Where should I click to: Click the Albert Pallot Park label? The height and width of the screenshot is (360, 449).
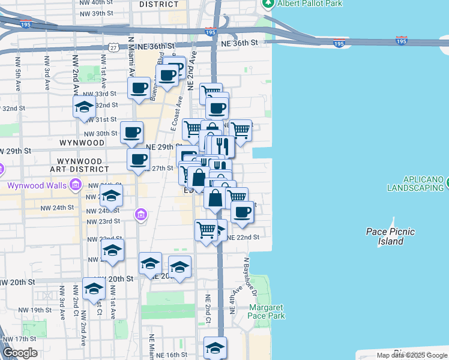point(310,4)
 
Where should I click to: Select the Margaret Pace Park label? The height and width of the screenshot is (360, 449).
point(266,311)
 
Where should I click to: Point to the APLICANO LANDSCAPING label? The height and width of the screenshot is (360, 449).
point(415,184)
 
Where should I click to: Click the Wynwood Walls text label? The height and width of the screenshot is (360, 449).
point(35,185)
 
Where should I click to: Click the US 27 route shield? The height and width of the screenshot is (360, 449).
point(113,47)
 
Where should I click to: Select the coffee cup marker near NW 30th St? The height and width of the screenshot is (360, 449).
point(131,132)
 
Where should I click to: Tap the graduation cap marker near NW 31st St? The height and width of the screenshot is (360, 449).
point(84,109)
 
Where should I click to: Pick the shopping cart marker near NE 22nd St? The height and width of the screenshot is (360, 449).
point(206,230)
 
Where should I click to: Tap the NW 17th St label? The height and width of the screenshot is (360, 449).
point(20,340)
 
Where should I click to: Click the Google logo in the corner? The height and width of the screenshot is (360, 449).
point(20,353)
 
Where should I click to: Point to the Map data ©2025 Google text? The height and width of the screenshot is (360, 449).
point(412,355)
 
